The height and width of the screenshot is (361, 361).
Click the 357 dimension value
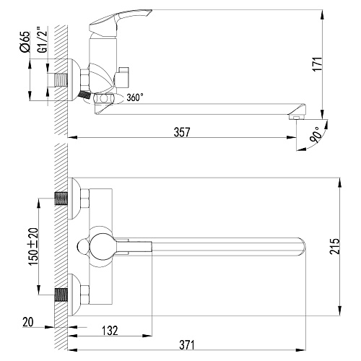click(182, 132)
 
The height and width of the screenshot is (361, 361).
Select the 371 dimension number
click(187, 345)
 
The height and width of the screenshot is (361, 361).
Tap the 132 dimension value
click(110, 331)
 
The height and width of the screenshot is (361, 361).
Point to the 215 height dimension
click(335, 246)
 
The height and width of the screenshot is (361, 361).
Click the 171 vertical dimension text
click(317, 64)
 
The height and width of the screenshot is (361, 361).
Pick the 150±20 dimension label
click(33, 247)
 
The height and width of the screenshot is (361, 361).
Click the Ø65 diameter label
click(25, 42)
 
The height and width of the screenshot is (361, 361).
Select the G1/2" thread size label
click(42, 40)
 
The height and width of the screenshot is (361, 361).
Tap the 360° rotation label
click(135, 97)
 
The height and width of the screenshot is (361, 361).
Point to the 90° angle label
click(316, 135)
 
